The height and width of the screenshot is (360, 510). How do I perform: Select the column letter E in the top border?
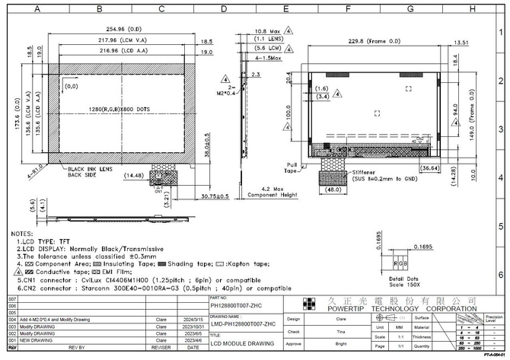pos(285,9)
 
